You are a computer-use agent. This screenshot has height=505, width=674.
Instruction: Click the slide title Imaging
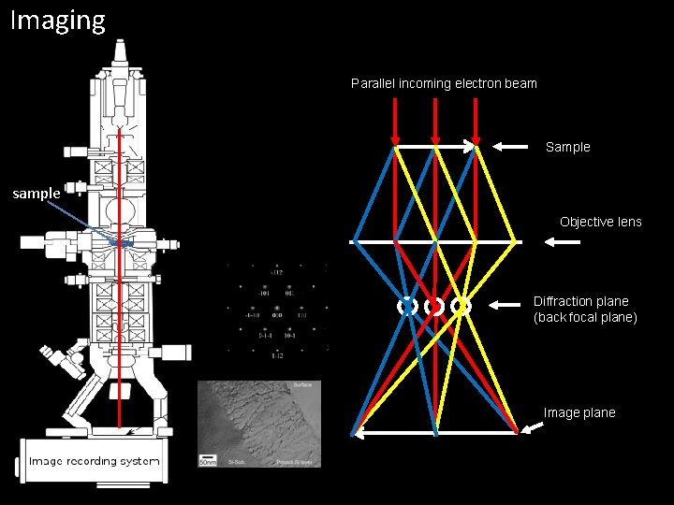(58, 20)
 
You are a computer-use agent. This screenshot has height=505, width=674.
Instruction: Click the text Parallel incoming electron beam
(444, 83)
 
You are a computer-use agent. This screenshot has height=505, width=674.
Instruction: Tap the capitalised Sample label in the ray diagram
(567, 147)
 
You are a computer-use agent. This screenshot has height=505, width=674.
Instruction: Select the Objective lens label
(600, 222)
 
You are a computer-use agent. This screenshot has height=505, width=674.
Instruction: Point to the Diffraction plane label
(581, 301)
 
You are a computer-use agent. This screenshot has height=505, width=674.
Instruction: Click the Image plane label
(579, 412)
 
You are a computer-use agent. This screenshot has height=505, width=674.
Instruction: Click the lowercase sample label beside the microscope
(36, 194)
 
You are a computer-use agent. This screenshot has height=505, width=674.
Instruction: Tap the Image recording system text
(94, 461)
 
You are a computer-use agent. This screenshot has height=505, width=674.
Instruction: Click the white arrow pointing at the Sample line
(510, 146)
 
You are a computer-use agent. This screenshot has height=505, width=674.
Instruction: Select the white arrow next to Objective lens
(562, 241)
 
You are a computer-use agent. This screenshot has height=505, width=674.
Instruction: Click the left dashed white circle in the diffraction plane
(407, 306)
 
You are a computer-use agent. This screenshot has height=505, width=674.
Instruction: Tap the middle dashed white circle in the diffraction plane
(434, 306)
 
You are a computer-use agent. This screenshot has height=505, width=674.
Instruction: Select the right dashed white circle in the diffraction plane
(461, 306)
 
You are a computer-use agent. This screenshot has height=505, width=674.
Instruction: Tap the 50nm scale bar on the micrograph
(207, 459)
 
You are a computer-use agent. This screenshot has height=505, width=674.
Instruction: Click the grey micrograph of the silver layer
(259, 423)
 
